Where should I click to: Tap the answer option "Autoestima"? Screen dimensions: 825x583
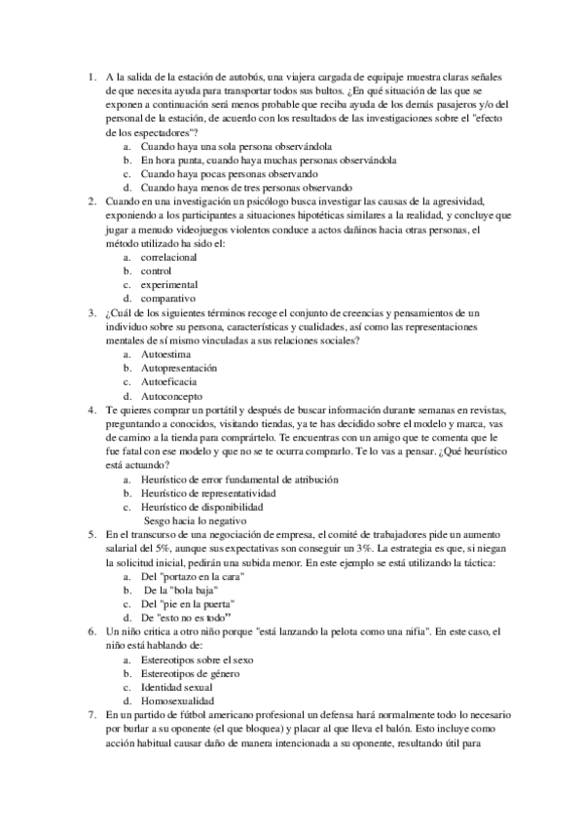(x=166, y=355)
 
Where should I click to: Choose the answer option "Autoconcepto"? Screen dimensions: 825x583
(x=172, y=396)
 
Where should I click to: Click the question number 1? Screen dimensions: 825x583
(x=89, y=77)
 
